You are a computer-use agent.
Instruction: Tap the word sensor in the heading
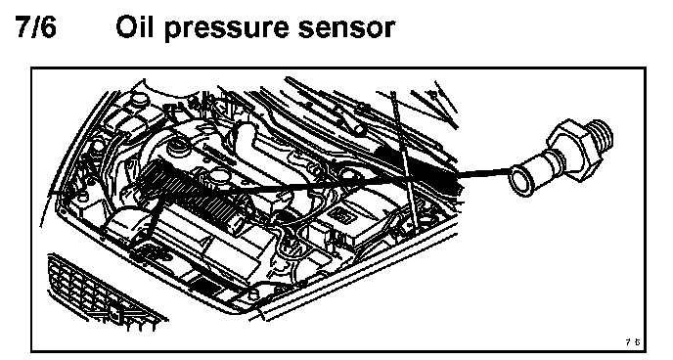[x=345, y=27]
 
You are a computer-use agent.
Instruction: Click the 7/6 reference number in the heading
[x=36, y=26]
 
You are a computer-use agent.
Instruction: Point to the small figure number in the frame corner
[x=632, y=342]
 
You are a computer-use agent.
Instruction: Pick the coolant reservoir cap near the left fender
[x=139, y=100]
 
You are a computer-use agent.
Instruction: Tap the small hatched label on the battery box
[x=340, y=216]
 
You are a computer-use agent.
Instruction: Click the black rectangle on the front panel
[x=202, y=287]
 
